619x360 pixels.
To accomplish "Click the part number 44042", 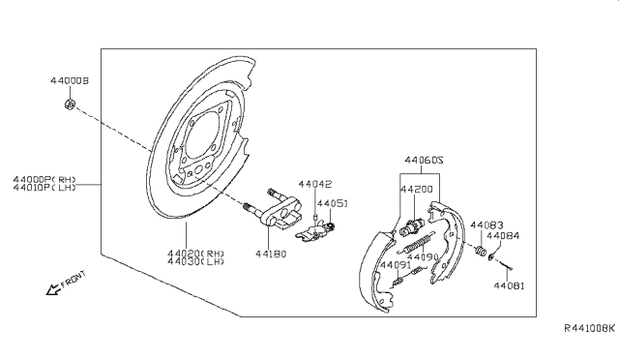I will pos(314,183).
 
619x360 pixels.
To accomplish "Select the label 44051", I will pos(334,203).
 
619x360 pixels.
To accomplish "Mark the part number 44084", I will pos(502,235).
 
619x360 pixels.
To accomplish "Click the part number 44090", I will pos(421,258).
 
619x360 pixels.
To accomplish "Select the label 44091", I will pos(394,264).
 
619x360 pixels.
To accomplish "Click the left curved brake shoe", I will pos(372,271).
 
